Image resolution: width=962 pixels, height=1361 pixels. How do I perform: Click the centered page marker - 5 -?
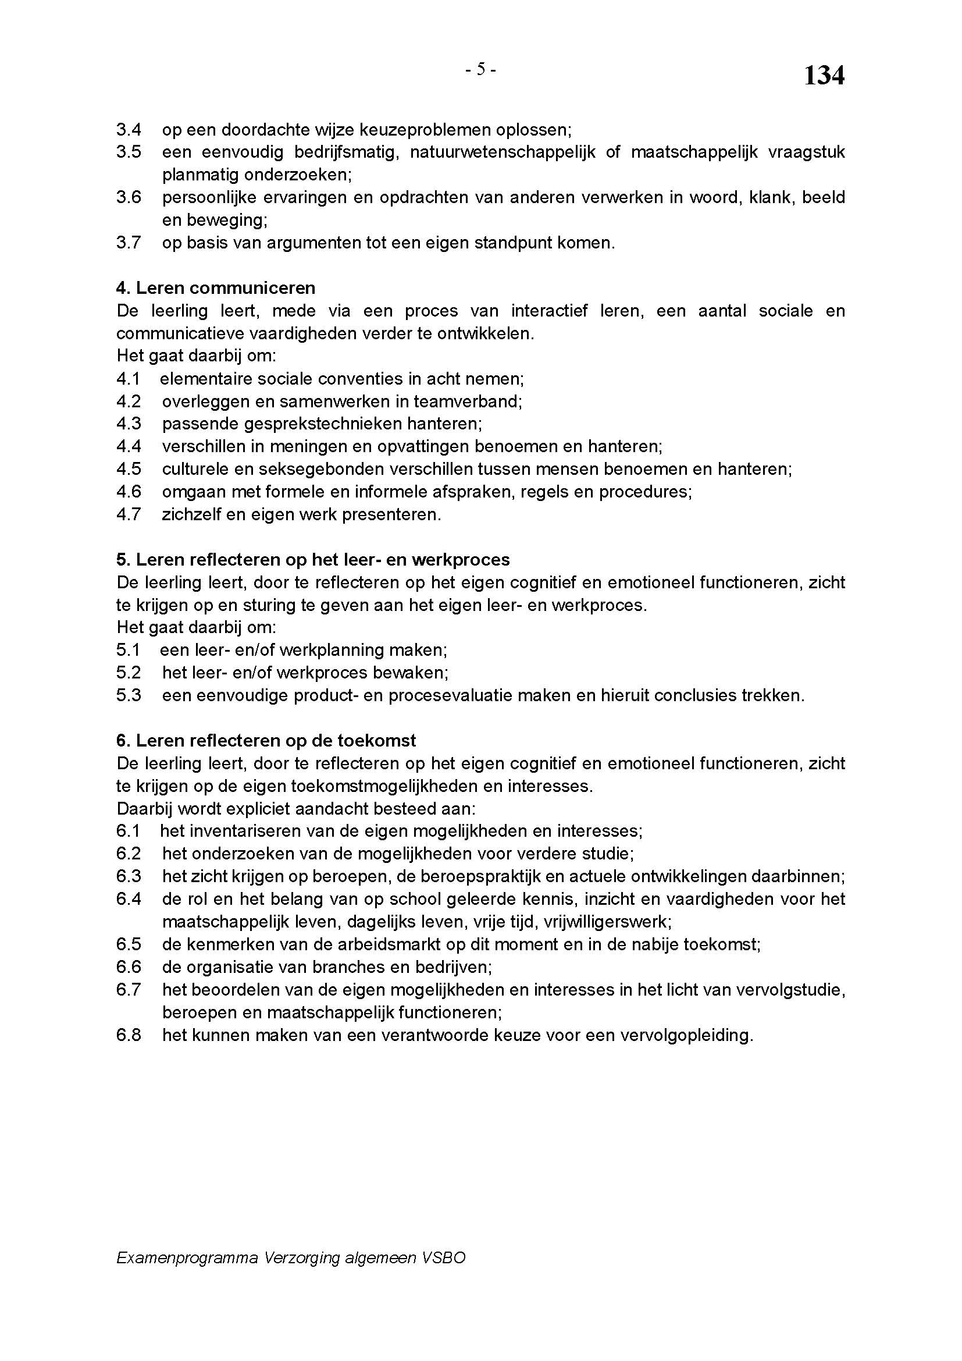click(x=480, y=70)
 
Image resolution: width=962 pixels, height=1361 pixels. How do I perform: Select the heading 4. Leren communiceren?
click(x=216, y=288)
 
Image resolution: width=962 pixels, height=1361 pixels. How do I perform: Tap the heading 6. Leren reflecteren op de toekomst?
click(x=266, y=740)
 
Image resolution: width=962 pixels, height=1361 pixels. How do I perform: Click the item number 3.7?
click(x=129, y=243)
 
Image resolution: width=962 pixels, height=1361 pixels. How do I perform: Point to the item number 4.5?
click(x=129, y=469)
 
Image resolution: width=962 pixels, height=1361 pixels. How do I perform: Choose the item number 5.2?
click(x=129, y=672)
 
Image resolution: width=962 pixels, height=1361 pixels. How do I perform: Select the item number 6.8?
click(x=129, y=1035)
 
